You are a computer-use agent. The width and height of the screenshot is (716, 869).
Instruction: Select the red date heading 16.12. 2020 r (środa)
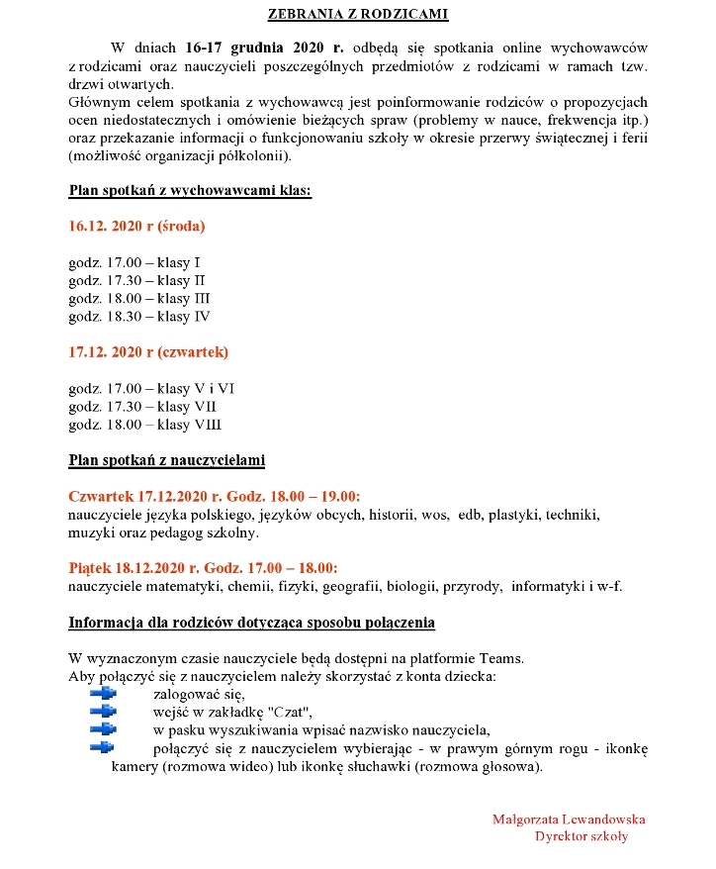pos(136,226)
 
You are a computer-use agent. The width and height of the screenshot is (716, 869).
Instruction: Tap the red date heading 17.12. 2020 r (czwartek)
pos(148,351)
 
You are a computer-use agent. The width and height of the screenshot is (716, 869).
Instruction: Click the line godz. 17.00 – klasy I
pos(134,262)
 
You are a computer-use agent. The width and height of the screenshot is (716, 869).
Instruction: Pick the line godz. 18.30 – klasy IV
pos(139,317)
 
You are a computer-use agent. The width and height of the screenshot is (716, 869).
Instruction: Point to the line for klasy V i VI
pos(151,388)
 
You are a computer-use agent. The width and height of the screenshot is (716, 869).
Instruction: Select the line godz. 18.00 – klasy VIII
pos(145,425)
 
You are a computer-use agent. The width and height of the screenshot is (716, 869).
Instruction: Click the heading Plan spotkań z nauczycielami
pos(166,460)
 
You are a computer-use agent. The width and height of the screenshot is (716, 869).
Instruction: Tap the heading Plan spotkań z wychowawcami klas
pos(190,190)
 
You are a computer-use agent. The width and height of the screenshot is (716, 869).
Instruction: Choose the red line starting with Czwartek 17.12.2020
pos(215,496)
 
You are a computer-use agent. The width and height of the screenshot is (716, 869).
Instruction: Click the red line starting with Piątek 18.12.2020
pos(203,568)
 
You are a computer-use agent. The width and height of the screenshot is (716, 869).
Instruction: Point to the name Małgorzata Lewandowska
pos(569,819)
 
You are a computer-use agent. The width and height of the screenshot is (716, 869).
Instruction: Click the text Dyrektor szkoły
pos(581,836)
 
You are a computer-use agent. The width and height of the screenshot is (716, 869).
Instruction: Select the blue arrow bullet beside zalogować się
pos(102,694)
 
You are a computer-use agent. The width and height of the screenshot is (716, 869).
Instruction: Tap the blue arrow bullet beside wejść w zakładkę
pos(102,712)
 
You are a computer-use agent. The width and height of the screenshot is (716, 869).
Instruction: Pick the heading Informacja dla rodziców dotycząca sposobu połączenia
pos(251,623)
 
